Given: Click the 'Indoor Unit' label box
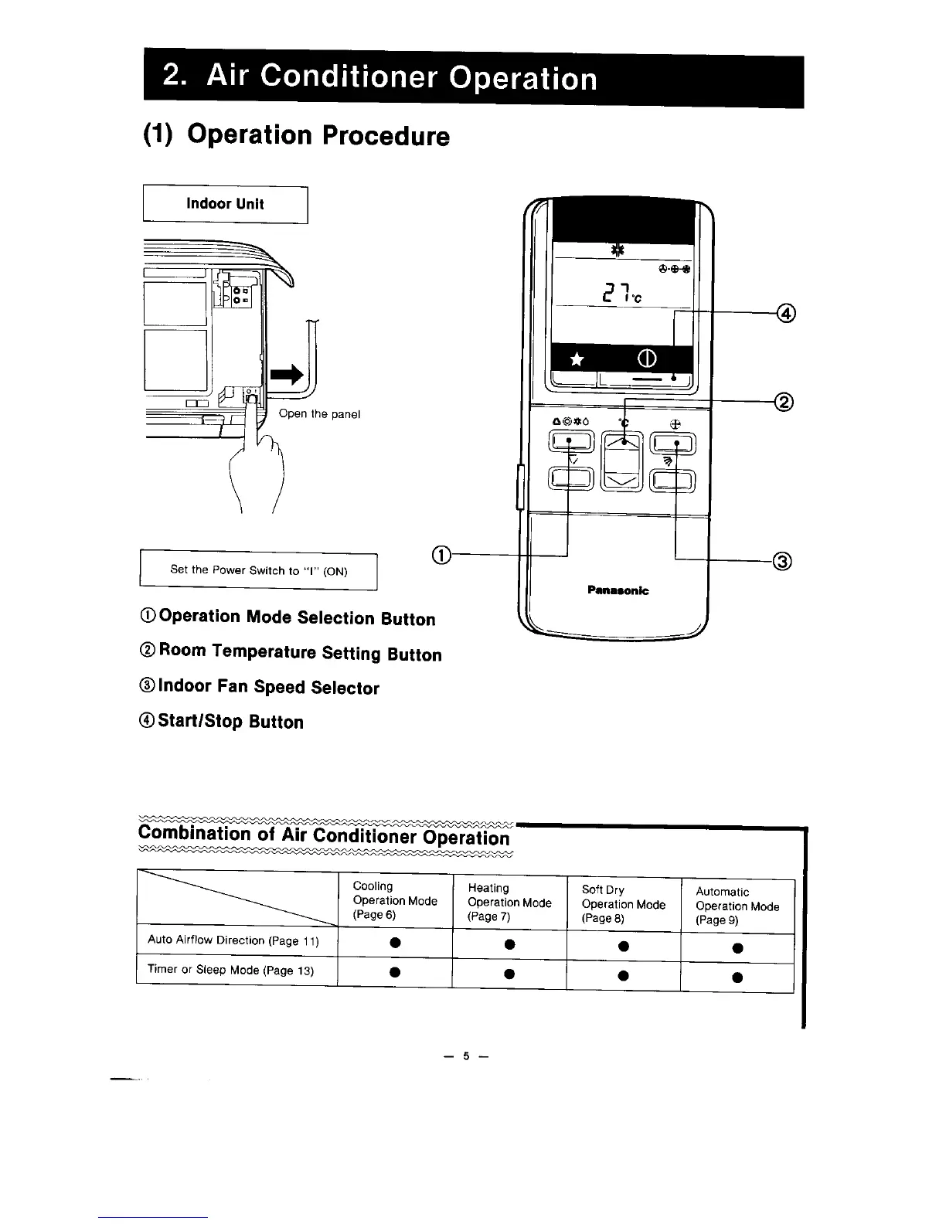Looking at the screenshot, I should [x=225, y=205].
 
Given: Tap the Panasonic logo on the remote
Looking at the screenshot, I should [x=618, y=591].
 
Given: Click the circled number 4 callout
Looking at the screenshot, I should [x=787, y=313].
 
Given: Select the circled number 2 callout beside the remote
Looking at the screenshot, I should [x=784, y=402].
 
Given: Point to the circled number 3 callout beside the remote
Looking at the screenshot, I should [x=782, y=562].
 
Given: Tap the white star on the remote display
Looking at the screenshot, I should [x=577, y=360].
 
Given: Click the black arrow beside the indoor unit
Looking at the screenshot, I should [x=285, y=375].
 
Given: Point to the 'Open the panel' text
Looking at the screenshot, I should [x=319, y=414].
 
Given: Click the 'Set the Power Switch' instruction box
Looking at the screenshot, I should [x=258, y=571].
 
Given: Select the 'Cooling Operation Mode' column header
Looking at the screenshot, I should [x=394, y=900].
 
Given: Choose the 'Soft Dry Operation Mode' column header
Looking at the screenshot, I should [x=623, y=903].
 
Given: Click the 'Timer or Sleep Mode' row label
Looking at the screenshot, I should [x=230, y=970].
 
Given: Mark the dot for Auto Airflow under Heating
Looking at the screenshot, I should [x=509, y=944].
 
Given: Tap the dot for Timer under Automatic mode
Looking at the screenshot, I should [x=737, y=977].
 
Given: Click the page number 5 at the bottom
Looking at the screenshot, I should [x=466, y=1056].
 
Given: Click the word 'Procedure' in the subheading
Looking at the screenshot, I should [x=385, y=137].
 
